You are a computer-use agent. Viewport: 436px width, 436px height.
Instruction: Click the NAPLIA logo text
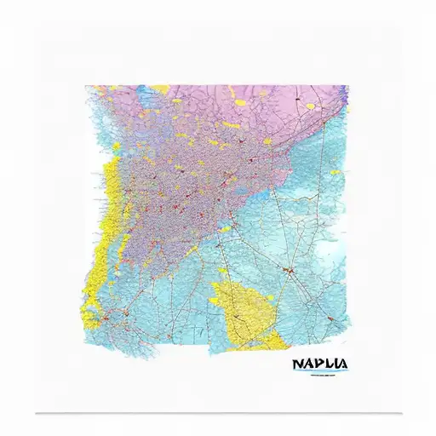tap(319, 364)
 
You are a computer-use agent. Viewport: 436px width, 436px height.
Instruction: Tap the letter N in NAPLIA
tap(296, 364)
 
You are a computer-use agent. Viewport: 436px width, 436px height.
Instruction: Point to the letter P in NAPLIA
tap(317, 364)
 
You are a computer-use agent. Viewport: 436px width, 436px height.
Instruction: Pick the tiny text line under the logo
tap(319, 375)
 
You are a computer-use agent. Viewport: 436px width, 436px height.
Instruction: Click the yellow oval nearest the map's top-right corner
tap(311, 106)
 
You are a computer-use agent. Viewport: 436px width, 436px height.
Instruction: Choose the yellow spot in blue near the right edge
tap(335, 172)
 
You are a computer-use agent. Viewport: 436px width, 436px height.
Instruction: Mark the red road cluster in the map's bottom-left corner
tap(106, 319)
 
